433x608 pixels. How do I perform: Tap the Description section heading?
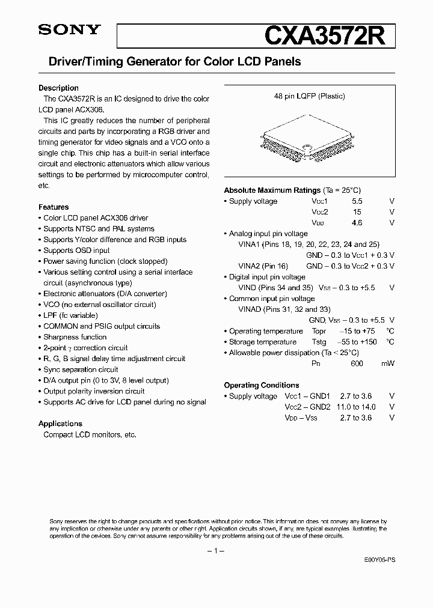58,88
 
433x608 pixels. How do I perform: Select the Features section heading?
54,207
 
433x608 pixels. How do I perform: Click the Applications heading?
60,424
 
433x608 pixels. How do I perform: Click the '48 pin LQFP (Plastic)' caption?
307,96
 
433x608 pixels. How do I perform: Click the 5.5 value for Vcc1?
357,201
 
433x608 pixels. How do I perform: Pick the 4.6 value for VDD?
357,223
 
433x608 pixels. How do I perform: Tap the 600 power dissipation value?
357,363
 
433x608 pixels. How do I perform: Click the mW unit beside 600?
388,363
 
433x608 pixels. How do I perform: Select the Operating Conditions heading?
262,385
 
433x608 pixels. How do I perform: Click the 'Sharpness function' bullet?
75,337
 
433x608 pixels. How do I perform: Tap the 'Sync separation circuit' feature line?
81,369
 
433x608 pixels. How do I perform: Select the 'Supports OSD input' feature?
76,251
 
